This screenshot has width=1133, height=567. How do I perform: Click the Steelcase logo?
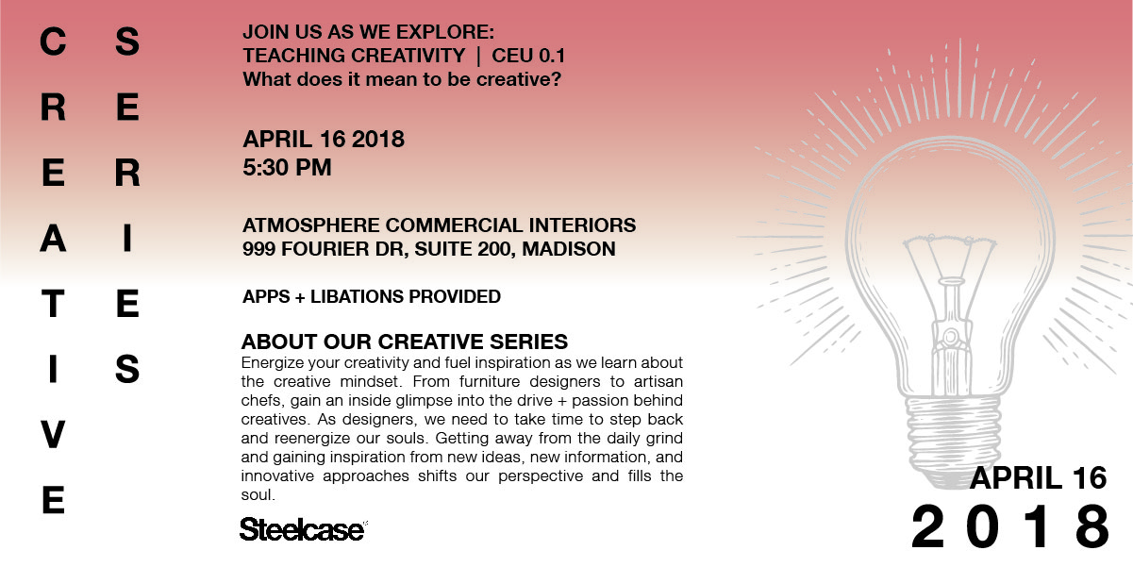[303, 529]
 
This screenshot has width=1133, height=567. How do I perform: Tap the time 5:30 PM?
[287, 167]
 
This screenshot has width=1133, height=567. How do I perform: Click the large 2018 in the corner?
[1010, 526]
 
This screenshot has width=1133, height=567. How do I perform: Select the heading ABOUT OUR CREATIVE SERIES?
[405, 342]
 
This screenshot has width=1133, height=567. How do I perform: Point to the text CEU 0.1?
[528, 56]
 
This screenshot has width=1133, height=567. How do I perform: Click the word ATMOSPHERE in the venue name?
[310, 225]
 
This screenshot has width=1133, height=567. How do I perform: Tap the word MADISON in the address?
[569, 249]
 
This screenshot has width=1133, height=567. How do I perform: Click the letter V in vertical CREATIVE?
[53, 435]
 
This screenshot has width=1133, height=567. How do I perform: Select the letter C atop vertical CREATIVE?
[53, 42]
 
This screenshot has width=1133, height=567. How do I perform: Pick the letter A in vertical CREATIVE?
[53, 239]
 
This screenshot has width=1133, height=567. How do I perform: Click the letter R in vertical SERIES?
[127, 173]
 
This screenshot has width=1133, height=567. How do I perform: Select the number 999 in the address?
[259, 249]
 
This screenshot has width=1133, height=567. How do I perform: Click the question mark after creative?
[556, 79]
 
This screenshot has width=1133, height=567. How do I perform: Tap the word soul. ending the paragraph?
[258, 494]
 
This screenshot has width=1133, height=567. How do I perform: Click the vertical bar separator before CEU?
[478, 56]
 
